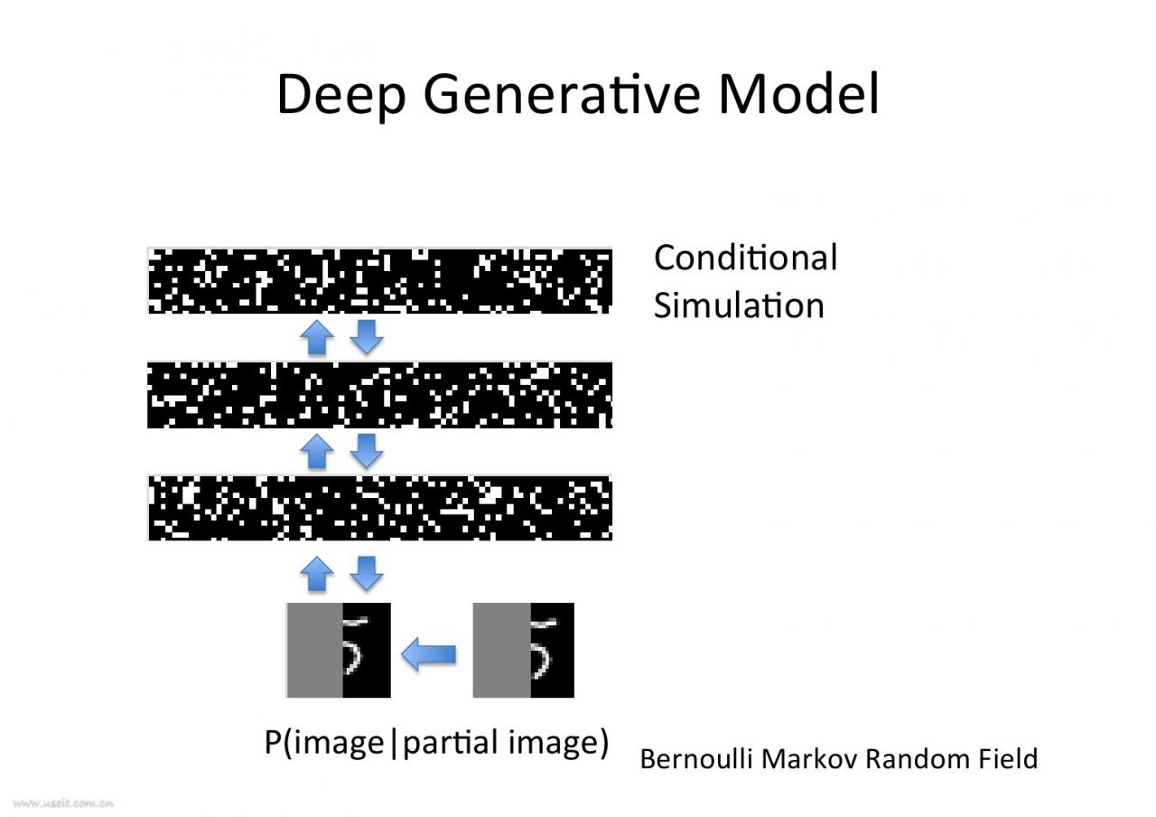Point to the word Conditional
pyautogui.click(x=745, y=258)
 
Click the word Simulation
pyautogui.click(x=739, y=305)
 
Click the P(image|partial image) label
pyautogui.click(x=436, y=743)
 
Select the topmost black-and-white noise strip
pyautogui.click(x=379, y=280)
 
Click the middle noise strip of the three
pyautogui.click(x=379, y=395)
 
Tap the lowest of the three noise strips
pyautogui.click(x=379, y=508)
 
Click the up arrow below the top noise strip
pyautogui.click(x=316, y=338)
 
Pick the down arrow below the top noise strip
pyautogui.click(x=366, y=336)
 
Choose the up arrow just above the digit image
pyautogui.click(x=316, y=574)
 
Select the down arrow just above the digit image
pyautogui.click(x=366, y=572)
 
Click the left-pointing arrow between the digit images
pyautogui.click(x=429, y=653)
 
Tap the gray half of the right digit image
pyautogui.click(x=501, y=650)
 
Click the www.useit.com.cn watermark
pyautogui.click(x=63, y=802)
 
